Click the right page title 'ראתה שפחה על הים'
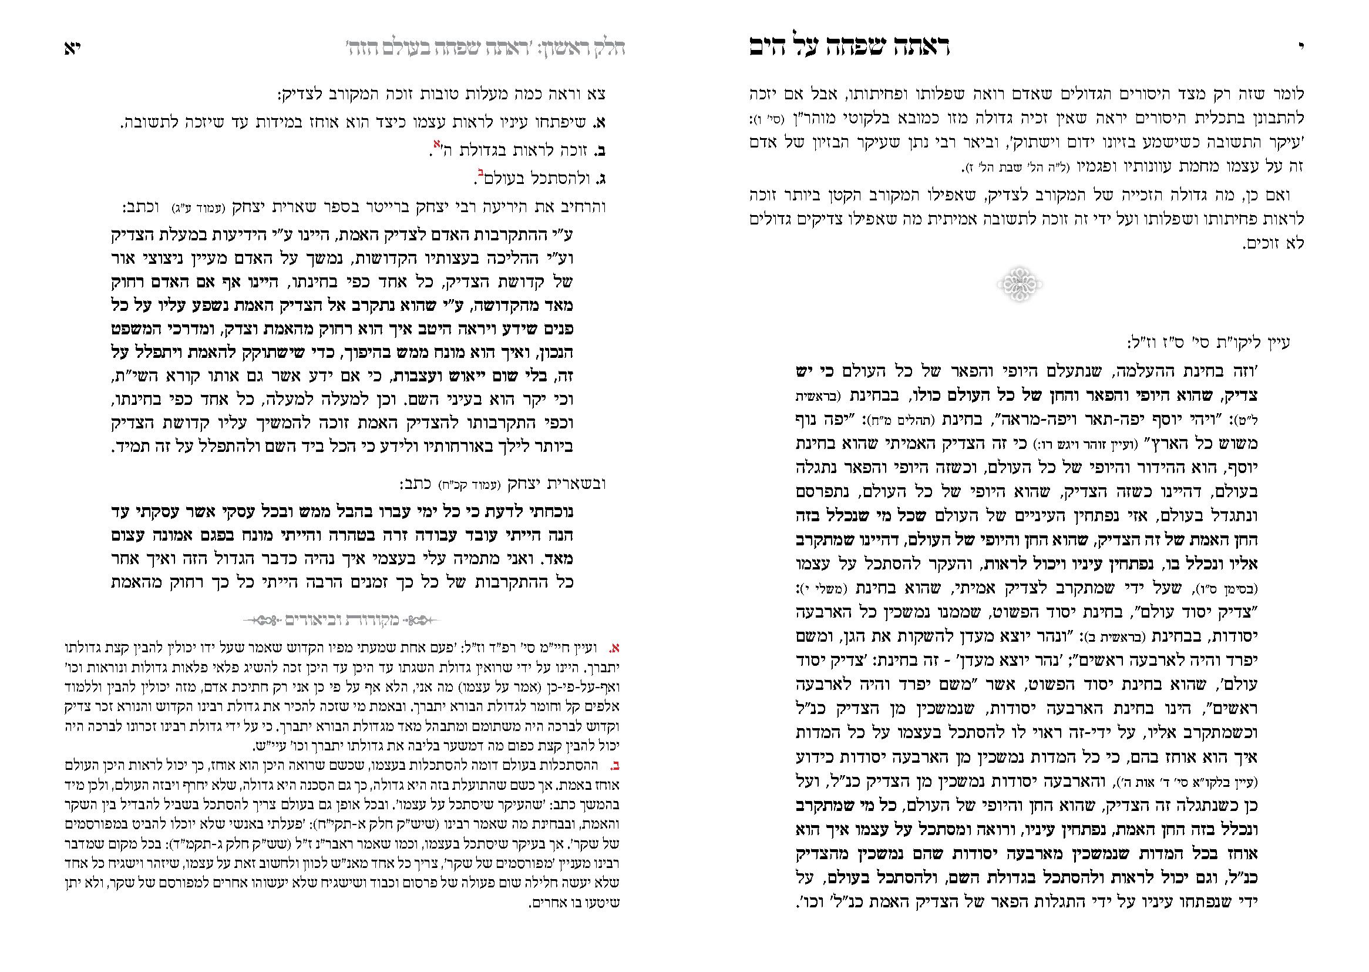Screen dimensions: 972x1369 pos(850,46)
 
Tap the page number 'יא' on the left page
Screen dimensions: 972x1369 pos(72,48)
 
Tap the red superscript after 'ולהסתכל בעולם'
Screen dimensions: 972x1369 pos(480,173)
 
